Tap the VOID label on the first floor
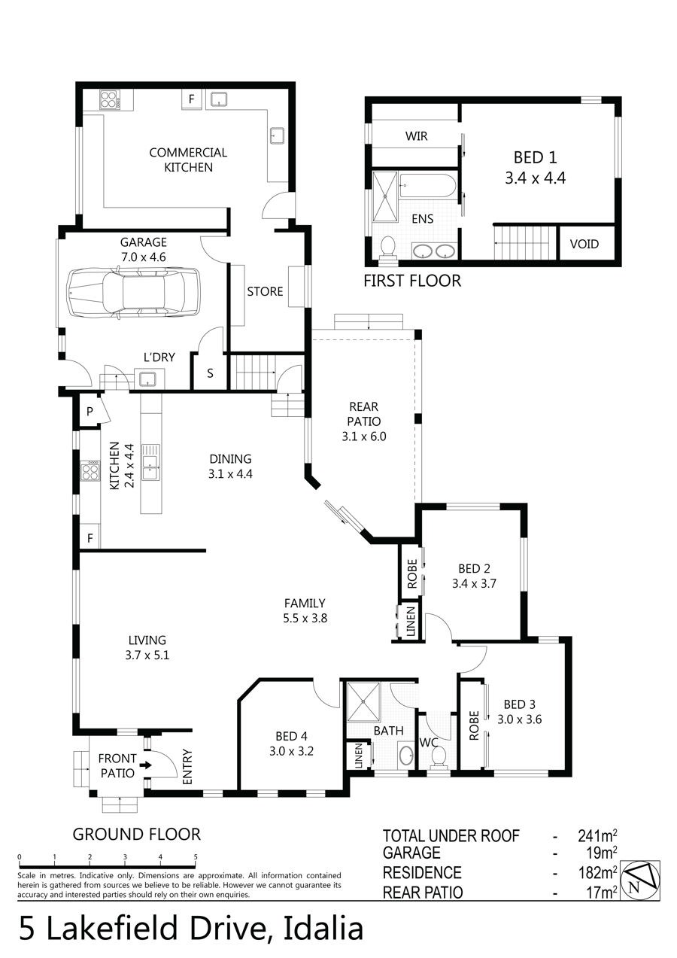pyautogui.click(x=584, y=245)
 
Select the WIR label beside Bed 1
pyautogui.click(x=416, y=136)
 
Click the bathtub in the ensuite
pyautogui.click(x=428, y=185)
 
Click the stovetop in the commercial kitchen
pyautogui.click(x=109, y=99)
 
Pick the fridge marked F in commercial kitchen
pyautogui.click(x=192, y=99)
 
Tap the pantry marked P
pyautogui.click(x=90, y=412)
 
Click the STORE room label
pyautogui.click(x=265, y=292)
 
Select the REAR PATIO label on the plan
pyautogui.click(x=364, y=414)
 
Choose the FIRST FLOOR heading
pyautogui.click(x=412, y=281)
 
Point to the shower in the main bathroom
pyautogui.click(x=363, y=701)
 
